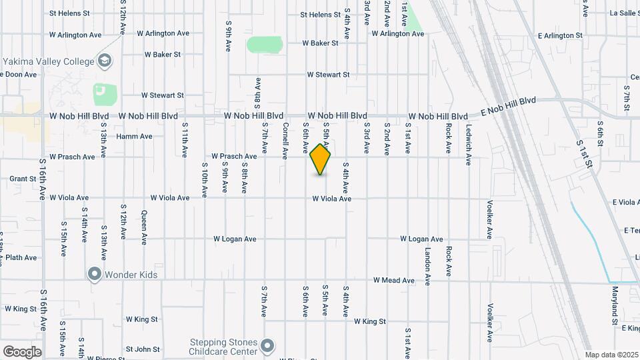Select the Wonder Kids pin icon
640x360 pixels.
(95, 274)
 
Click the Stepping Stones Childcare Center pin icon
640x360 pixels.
(267, 346)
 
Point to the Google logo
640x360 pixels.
(22, 351)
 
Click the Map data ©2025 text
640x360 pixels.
(610, 355)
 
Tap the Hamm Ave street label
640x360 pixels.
(135, 137)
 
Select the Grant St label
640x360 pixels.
(23, 179)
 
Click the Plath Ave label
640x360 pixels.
(21, 257)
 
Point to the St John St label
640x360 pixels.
(143, 349)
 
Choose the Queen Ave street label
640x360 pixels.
(144, 228)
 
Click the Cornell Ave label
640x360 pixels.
(285, 140)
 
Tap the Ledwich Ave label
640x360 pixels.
(469, 145)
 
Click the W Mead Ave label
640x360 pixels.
(393, 280)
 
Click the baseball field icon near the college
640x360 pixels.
(101, 90)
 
